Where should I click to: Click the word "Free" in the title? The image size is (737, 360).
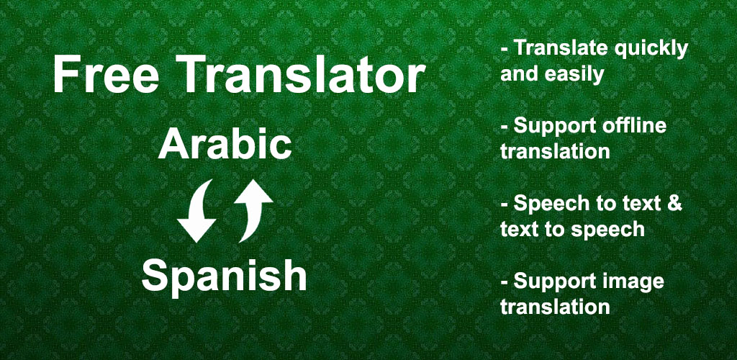coord(105,75)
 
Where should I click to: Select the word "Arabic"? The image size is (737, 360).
coord(225,144)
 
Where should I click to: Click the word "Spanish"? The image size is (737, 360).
coord(225,276)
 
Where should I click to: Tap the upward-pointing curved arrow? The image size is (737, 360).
coord(252,210)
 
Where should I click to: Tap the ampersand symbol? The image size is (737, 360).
coord(673,203)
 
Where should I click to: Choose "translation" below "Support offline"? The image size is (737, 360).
coord(555,151)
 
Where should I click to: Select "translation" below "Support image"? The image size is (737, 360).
coord(555,307)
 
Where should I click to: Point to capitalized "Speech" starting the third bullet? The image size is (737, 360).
coord(548,204)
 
